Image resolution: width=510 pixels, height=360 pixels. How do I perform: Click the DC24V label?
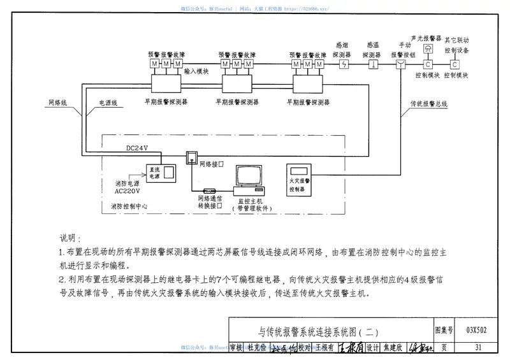coord(137,148)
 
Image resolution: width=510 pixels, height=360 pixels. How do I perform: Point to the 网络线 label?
coord(58,101)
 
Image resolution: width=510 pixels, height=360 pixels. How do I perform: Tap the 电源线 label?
coord(107,101)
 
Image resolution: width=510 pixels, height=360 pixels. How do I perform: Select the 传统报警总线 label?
coord(429,101)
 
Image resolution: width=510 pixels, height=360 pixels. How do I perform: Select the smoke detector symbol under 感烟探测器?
coord(344,64)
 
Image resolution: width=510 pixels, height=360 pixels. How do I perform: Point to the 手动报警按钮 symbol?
coord(400,64)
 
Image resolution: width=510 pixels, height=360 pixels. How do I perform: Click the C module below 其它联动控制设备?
coord(455,64)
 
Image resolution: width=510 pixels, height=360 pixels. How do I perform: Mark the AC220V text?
coord(127,190)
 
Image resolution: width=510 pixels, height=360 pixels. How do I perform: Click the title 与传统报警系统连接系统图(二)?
coord(319,331)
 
